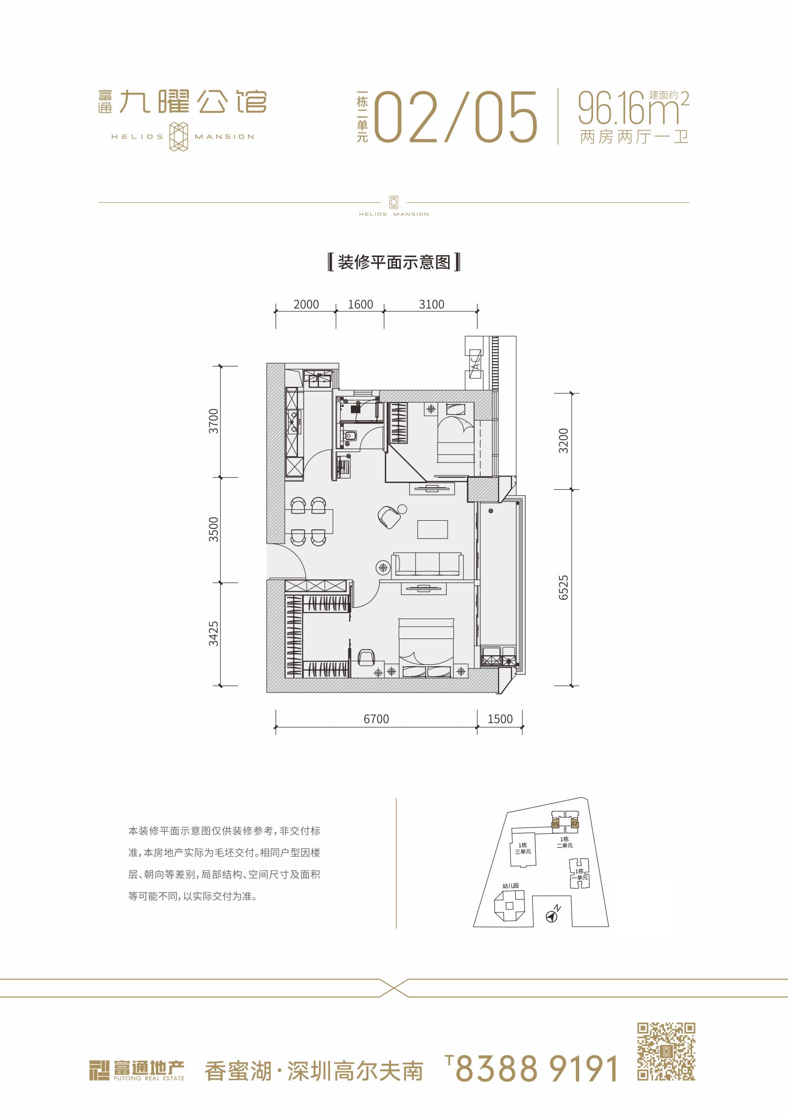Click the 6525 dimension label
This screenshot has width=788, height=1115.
tap(563, 588)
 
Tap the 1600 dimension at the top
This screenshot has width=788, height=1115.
tap(360, 304)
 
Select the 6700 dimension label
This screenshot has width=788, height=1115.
tap(376, 719)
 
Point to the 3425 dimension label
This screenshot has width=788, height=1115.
tap(214, 634)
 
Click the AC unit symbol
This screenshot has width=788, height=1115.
tap(476, 363)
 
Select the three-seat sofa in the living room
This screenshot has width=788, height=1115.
tap(427, 564)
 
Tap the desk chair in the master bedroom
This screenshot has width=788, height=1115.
tap(366, 657)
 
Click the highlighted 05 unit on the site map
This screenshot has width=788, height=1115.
tap(555, 824)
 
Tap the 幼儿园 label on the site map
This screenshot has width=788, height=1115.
tap(510, 886)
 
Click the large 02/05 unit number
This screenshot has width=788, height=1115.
tap(457, 117)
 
